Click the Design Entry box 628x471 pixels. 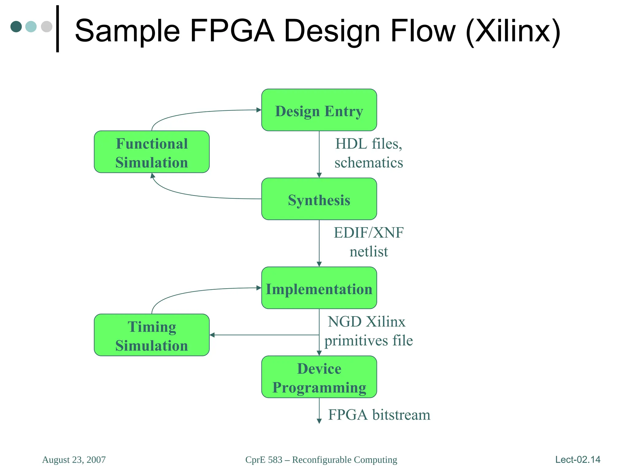319,110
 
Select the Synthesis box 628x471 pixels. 319,199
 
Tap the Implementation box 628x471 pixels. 319,288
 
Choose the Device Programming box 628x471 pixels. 319,377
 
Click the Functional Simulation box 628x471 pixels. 151,152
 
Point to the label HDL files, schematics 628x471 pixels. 369,153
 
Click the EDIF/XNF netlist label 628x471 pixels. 369,242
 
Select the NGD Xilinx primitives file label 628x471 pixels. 369,331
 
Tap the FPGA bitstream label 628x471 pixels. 379,415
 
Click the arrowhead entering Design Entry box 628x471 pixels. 259,110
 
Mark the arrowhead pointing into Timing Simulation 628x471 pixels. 212,335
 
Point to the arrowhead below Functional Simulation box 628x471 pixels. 152,176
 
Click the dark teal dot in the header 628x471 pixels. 16,26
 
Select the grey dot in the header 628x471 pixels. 47,26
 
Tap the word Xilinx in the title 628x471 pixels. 513,31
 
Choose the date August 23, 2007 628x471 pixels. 74,460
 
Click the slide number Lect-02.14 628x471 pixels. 578,459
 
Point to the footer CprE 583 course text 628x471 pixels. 321,460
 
